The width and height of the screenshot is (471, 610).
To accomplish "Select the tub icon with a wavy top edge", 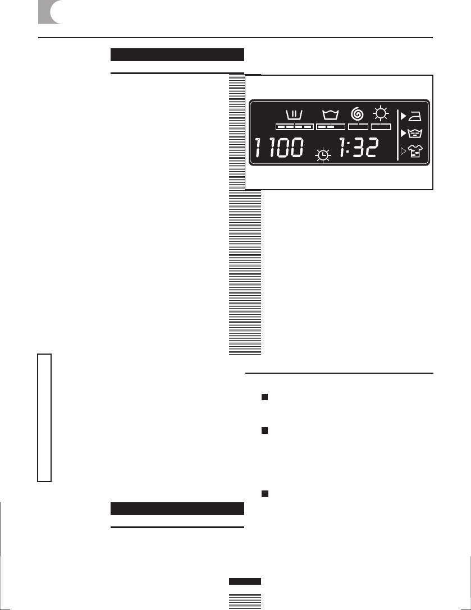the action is (331, 116).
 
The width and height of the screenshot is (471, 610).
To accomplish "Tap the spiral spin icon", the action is (357, 114).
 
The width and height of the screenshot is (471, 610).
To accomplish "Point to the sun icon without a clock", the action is (381, 114).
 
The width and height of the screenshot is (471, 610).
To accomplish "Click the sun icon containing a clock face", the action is (323, 155).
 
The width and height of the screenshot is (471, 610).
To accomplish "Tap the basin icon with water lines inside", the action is (419, 134).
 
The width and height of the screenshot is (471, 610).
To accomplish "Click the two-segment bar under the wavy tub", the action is (331, 127).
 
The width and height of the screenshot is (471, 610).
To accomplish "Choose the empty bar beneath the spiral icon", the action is (358, 127).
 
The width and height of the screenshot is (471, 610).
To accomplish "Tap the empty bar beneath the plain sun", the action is (381, 127).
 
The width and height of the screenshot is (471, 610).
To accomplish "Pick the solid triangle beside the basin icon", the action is (403, 134).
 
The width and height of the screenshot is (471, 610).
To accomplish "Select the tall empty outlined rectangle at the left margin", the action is (44, 417).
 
